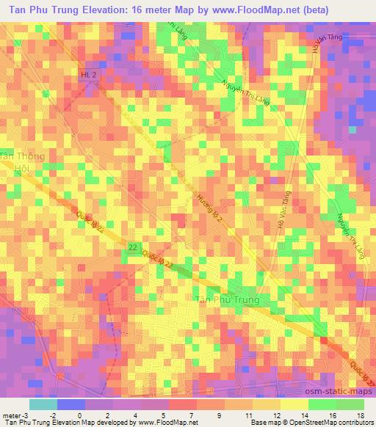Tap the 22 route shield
coord(131,248)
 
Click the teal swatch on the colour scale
coord(43,404)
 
